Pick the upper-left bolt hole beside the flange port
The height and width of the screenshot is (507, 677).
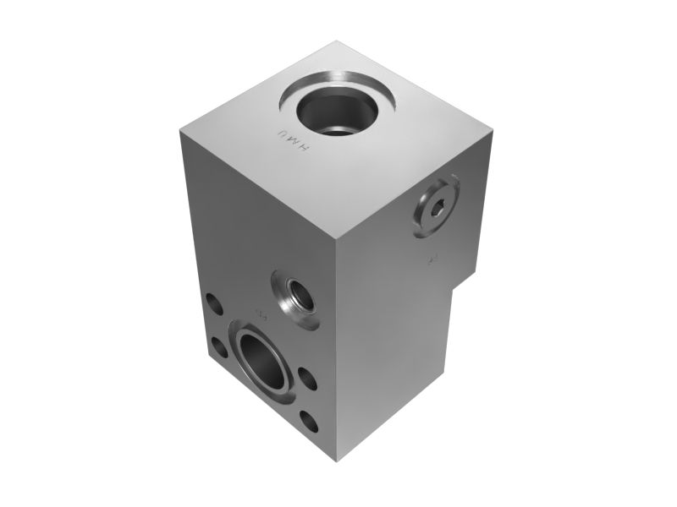212,303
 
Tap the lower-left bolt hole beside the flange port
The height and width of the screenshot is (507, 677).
218,346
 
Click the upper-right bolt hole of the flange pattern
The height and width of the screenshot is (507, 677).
307,378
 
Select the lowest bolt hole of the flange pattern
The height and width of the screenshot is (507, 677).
311,420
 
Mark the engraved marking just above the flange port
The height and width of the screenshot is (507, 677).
261,316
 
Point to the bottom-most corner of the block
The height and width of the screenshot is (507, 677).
338,461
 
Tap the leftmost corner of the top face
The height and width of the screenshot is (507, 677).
179,132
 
